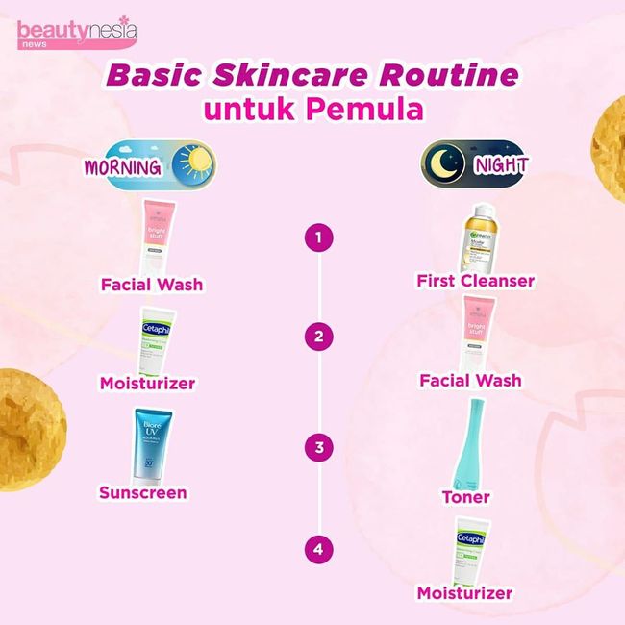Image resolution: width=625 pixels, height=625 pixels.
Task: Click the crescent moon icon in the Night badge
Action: [x=446, y=164]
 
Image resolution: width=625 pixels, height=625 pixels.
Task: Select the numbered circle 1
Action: [x=312, y=237]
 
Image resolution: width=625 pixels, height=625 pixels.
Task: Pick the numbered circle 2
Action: [x=312, y=337]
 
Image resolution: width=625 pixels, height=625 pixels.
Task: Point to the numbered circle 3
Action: [x=312, y=447]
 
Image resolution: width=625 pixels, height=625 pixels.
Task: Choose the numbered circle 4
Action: [x=312, y=550]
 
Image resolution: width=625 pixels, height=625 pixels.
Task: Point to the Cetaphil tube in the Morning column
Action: [x=155, y=342]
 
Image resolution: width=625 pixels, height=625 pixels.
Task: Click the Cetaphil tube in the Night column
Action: [x=471, y=550]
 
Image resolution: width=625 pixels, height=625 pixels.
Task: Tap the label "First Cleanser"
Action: [x=475, y=282]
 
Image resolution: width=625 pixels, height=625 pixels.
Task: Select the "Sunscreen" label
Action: [x=143, y=493]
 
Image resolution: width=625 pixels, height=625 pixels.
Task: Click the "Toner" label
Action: [x=466, y=497]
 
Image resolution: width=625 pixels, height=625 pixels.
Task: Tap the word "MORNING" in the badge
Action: [x=122, y=166]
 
